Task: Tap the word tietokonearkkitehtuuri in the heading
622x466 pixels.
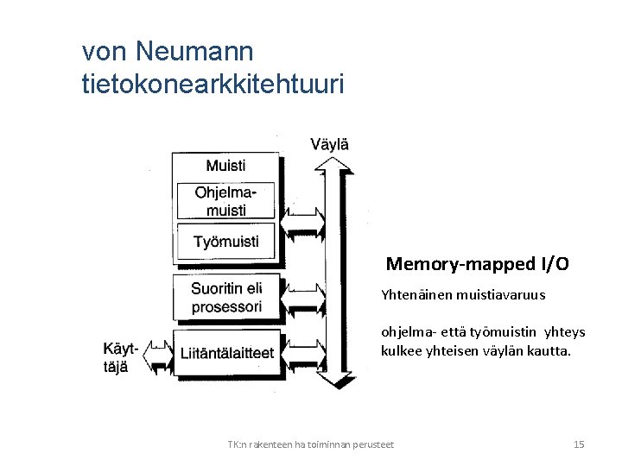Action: pos(212,84)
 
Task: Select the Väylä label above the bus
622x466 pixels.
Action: pos(329,144)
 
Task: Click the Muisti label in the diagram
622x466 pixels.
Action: pos(225,165)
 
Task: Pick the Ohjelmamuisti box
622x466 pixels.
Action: pos(225,200)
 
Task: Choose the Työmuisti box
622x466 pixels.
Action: pos(225,241)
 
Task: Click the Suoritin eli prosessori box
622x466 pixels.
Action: pos(226,296)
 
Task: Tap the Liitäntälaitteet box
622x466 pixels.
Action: pos(226,352)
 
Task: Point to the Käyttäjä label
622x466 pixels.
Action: pos(120,357)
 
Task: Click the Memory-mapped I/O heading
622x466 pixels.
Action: pos(477,264)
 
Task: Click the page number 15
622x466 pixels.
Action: pos(579,444)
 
